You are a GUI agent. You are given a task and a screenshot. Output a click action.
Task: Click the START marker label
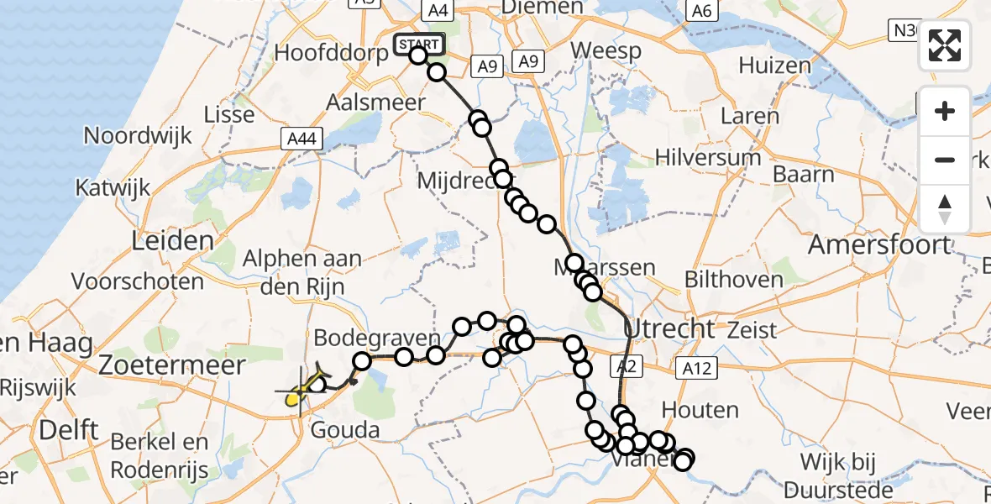point(418,44)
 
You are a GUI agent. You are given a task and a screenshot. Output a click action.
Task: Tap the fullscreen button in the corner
point(945,45)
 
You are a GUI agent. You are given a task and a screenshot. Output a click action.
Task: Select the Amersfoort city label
point(879,245)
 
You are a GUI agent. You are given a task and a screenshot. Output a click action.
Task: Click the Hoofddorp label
point(332,52)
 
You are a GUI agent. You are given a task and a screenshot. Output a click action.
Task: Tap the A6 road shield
point(701,10)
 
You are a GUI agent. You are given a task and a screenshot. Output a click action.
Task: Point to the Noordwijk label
point(138,135)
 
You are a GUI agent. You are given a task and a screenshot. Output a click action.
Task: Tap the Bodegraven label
point(377,339)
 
